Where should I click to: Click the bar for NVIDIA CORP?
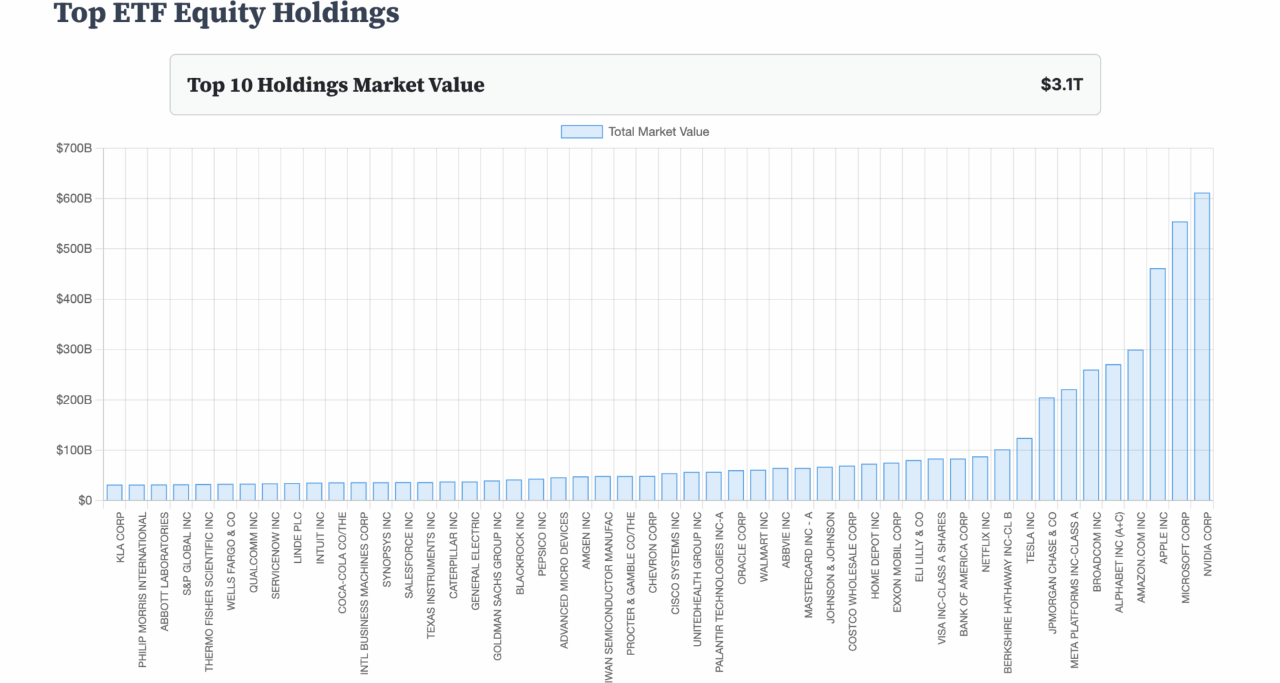click(x=1201, y=347)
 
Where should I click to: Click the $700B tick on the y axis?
click(x=74, y=148)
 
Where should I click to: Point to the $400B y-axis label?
click(x=74, y=299)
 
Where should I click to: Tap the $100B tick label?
click(x=74, y=450)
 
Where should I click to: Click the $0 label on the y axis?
click(x=85, y=500)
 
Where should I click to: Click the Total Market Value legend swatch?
click(x=581, y=132)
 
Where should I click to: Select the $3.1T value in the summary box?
click(x=1061, y=85)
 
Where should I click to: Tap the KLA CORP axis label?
click(x=121, y=537)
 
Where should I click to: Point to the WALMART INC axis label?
click(x=764, y=546)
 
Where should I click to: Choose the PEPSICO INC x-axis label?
click(x=542, y=544)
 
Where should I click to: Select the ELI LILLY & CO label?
click(x=919, y=546)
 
